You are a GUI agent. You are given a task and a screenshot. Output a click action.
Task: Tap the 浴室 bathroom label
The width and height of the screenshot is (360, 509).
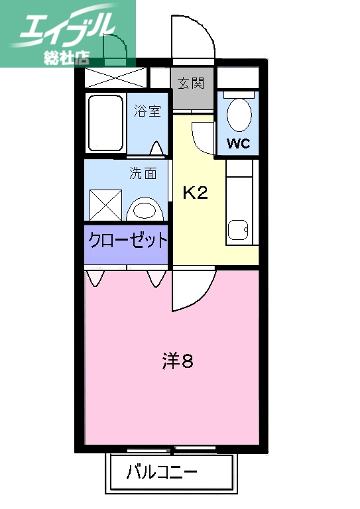point(147,111)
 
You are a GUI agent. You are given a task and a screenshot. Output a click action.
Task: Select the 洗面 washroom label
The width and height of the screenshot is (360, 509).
point(143,174)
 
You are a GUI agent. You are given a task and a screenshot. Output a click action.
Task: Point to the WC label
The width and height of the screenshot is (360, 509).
point(238,143)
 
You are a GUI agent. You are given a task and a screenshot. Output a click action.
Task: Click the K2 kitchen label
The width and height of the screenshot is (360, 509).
point(196,193)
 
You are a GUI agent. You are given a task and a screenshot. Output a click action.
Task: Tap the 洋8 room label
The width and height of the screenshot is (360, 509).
point(178,362)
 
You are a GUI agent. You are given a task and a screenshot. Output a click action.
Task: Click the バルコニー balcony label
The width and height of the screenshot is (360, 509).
point(162,474)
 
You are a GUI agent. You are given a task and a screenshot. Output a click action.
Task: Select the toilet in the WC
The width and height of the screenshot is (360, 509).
point(239,114)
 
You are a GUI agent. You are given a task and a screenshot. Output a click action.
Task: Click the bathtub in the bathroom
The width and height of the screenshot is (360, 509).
point(106,124)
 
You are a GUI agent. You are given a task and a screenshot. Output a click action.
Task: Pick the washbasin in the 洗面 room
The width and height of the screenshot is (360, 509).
point(147,210)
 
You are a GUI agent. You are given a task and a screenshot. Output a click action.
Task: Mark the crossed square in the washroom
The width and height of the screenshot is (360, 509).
point(106,205)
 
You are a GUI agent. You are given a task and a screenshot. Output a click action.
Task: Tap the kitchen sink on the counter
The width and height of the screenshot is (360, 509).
point(238,230)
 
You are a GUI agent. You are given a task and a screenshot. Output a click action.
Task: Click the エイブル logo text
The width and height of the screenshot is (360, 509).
point(66,27)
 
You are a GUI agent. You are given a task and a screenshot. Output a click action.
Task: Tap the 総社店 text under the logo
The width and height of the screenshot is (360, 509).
point(66,56)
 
